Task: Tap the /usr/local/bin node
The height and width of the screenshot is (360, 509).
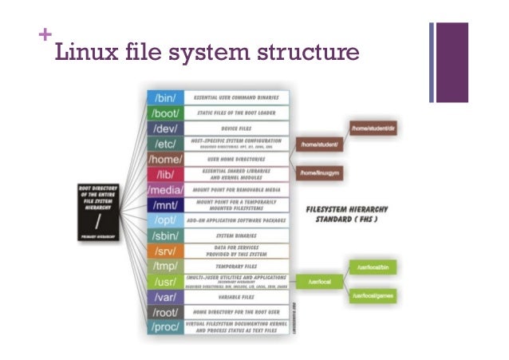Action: click(x=373, y=267)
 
